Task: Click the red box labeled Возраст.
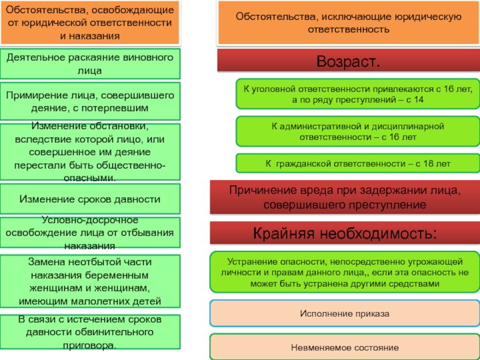click(349, 61)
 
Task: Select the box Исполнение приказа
click(344, 313)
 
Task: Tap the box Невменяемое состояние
click(344, 347)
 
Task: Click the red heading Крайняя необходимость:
click(344, 233)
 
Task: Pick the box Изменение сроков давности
click(90, 199)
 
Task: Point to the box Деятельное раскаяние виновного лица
click(90, 64)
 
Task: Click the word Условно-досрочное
click(90, 220)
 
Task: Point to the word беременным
click(117, 275)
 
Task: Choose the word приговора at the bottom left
click(89, 346)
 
